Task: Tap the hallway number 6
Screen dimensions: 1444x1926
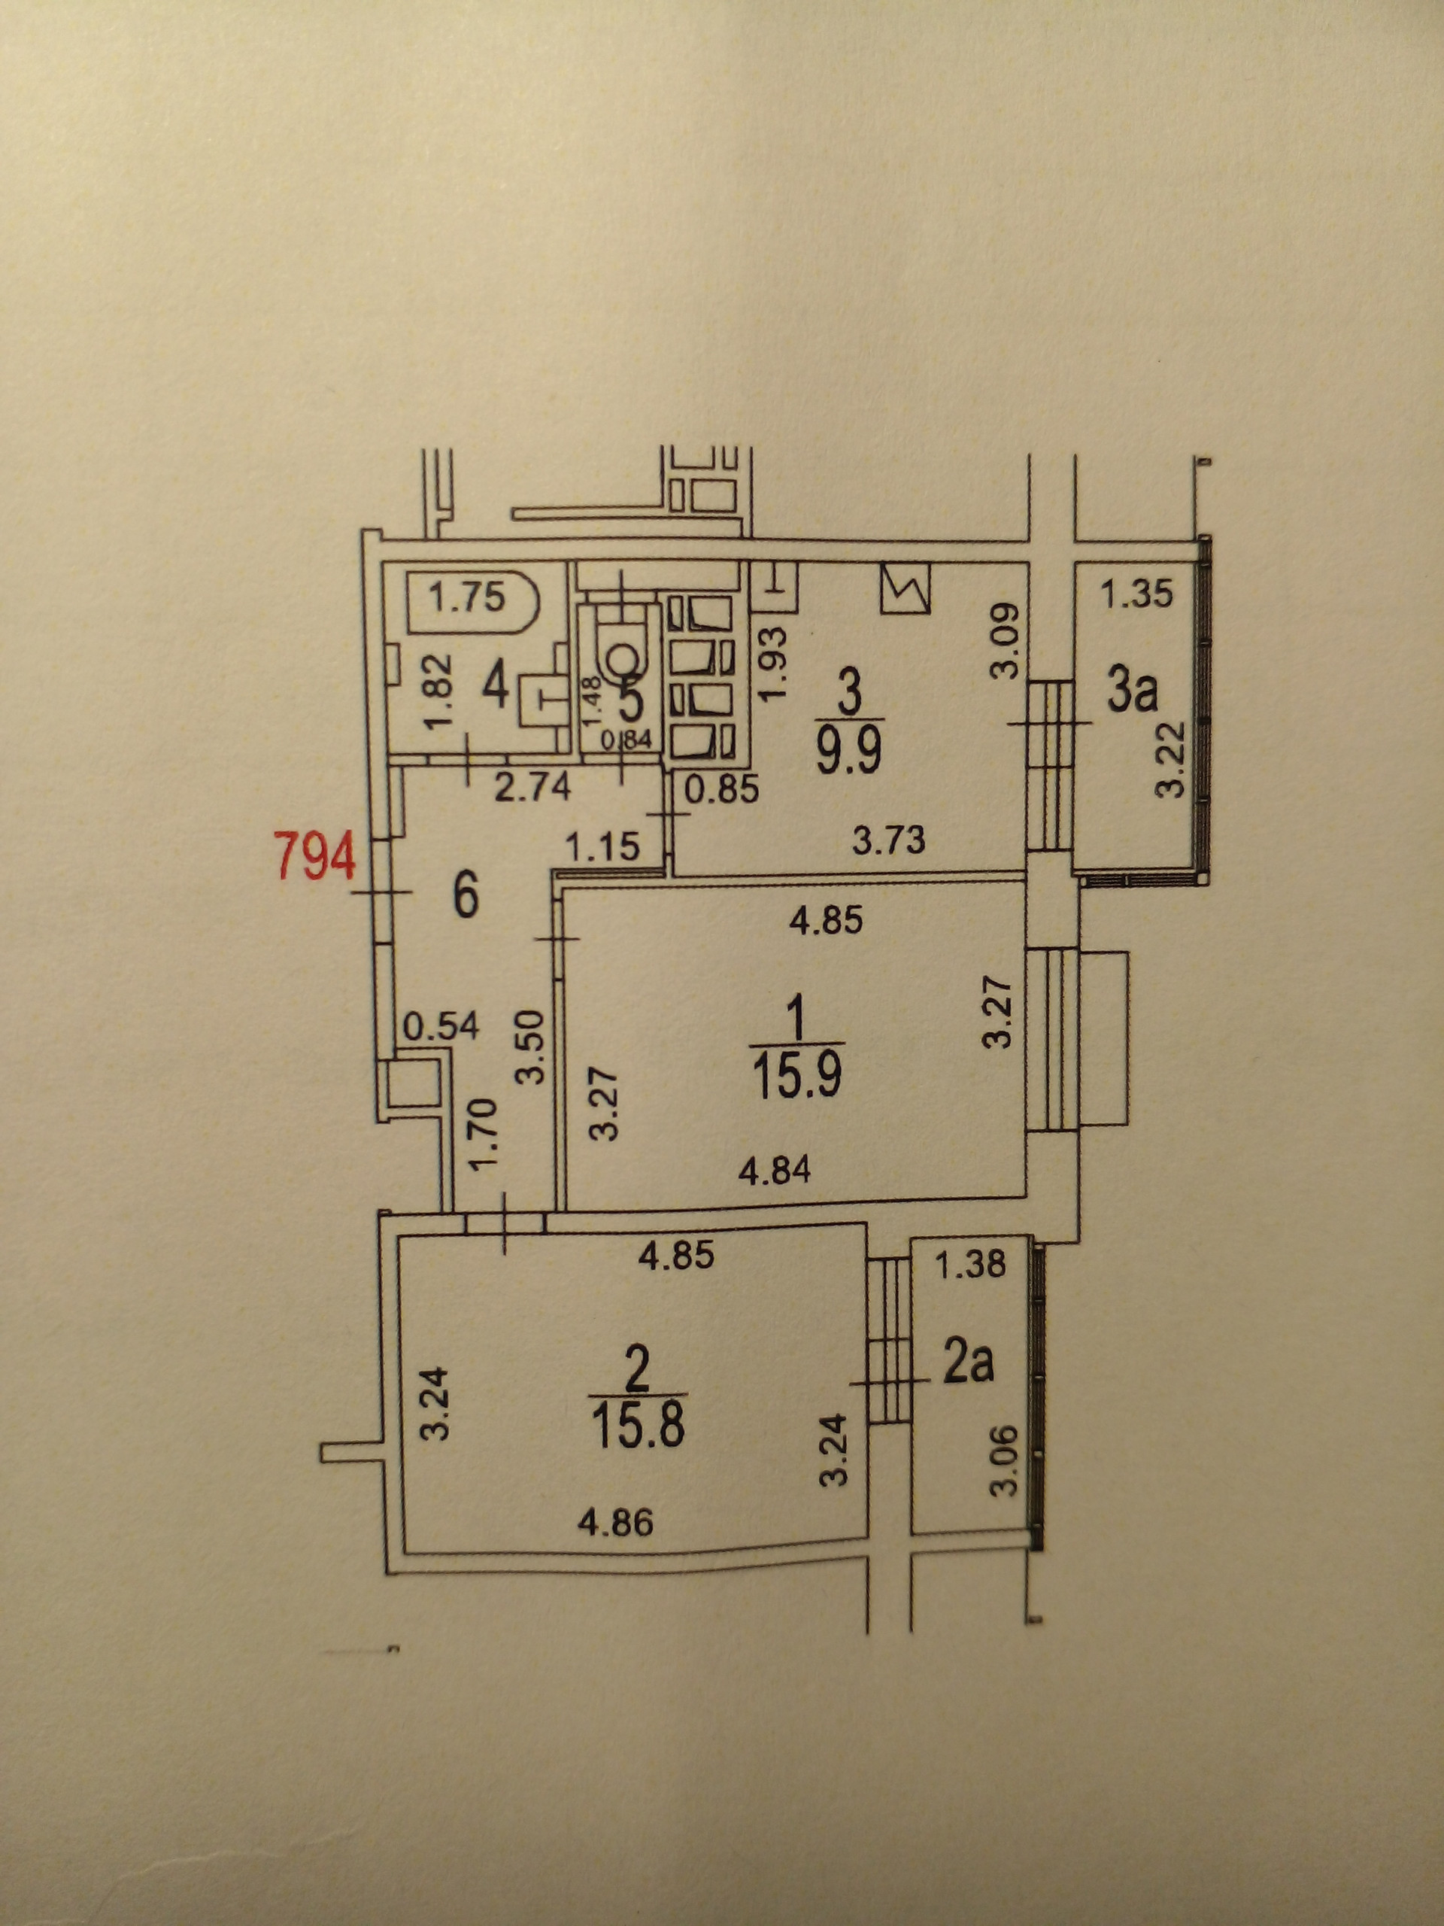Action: coord(466,897)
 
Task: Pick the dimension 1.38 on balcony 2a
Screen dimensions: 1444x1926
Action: coord(972,1263)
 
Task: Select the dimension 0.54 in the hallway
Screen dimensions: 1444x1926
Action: coord(441,1026)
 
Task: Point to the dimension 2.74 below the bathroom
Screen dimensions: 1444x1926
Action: coord(532,787)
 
